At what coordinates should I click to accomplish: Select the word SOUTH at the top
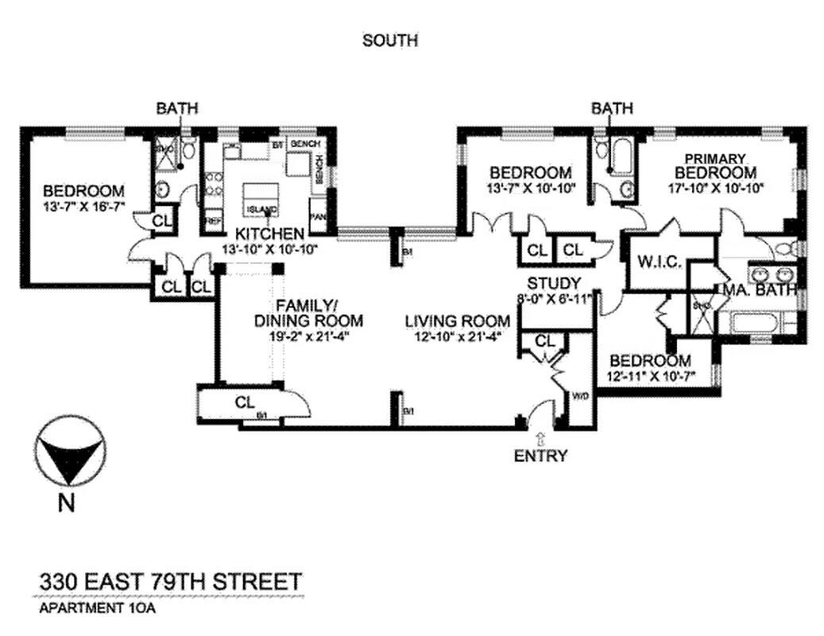point(389,40)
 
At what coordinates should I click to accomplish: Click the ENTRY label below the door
point(540,456)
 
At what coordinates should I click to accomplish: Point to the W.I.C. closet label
point(656,262)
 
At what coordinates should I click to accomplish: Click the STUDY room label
point(554,284)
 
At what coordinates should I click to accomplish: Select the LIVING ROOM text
point(457,321)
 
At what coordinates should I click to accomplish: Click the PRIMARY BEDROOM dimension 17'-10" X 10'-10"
point(715,189)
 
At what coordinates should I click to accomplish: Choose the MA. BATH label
point(759,291)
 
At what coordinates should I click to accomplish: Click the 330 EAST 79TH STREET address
point(171,581)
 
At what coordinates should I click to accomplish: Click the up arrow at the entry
point(540,437)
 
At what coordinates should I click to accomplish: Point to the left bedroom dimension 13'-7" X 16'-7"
point(83,207)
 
